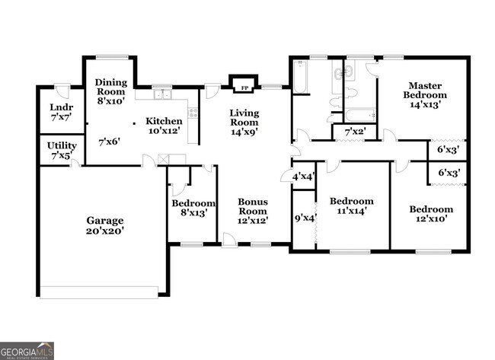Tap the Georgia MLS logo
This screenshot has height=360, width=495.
[27, 350]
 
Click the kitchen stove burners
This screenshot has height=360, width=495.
[193, 113]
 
